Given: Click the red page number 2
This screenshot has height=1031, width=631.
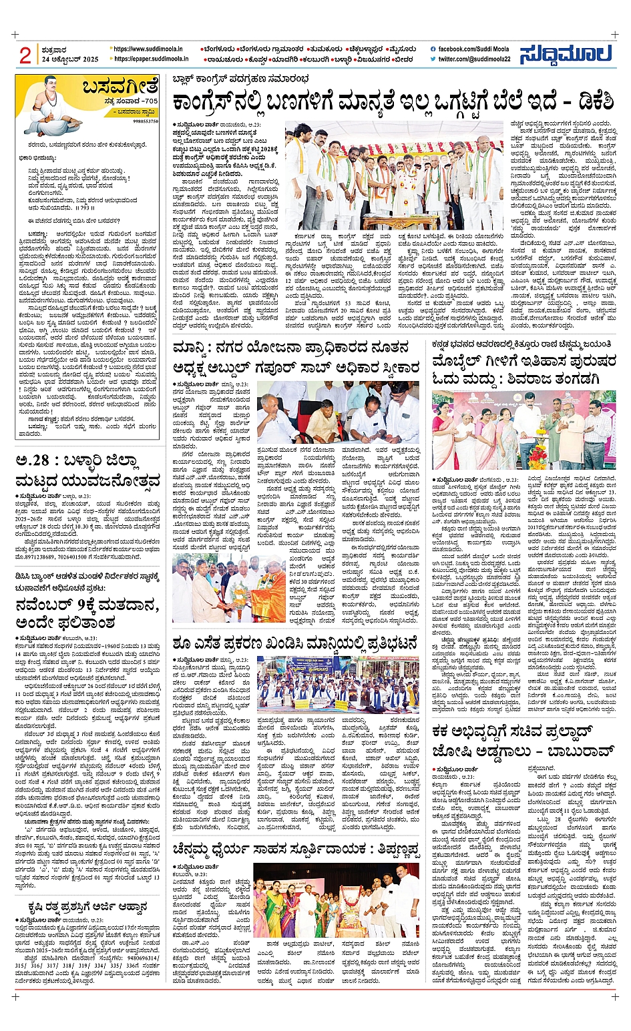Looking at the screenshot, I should pyautogui.click(x=25, y=54).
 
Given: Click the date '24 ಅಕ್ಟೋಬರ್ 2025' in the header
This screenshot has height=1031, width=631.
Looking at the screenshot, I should pyautogui.click(x=70, y=59).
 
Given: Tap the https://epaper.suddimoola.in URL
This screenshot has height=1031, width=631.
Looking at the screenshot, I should pyautogui.click(x=150, y=59).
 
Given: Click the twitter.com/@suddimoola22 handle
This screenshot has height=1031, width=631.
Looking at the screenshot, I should pyautogui.click(x=474, y=59).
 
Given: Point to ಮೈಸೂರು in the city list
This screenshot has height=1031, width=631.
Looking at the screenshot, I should pyautogui.click(x=405, y=49).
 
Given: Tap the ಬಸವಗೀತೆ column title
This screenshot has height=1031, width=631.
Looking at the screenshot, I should pyautogui.click(x=120, y=87).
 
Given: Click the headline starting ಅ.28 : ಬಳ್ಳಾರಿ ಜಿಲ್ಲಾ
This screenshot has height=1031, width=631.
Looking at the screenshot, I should pyautogui.click(x=87, y=470).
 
